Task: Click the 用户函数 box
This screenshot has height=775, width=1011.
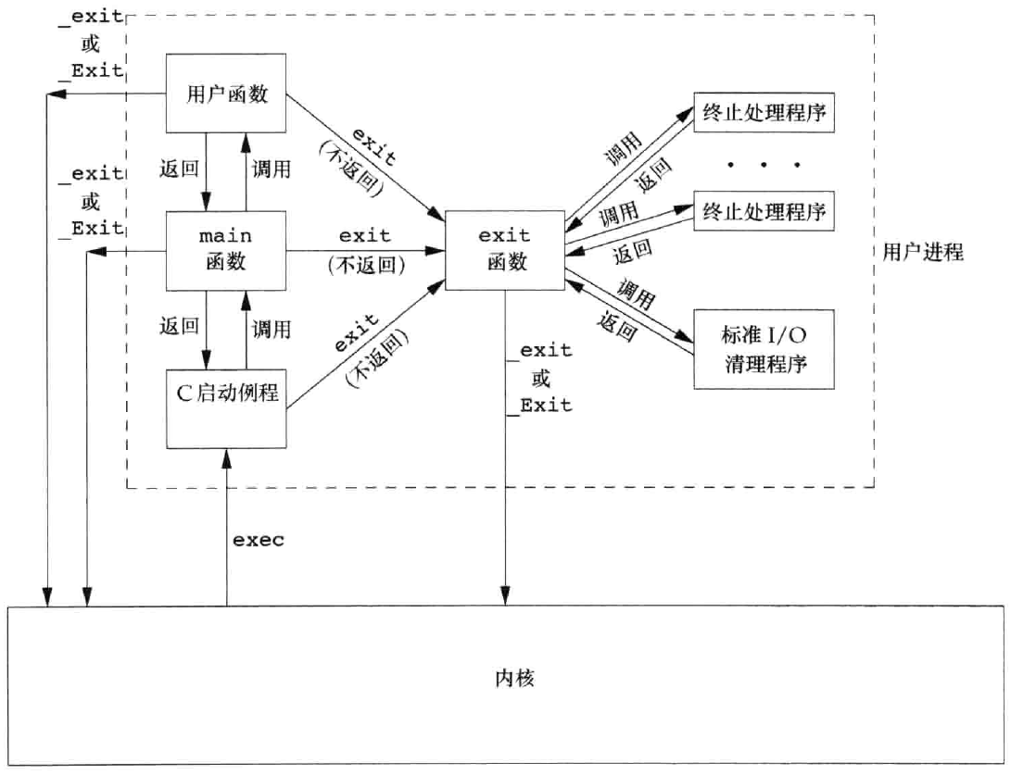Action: click(226, 94)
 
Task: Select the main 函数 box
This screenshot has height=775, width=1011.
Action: click(226, 250)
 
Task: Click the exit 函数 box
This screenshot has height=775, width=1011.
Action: click(504, 250)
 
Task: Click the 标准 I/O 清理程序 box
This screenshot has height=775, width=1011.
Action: click(763, 348)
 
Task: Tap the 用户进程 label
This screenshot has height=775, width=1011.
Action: click(922, 252)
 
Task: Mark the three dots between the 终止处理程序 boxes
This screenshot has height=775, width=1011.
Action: click(763, 165)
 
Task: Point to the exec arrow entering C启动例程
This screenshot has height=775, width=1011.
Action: click(226, 528)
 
